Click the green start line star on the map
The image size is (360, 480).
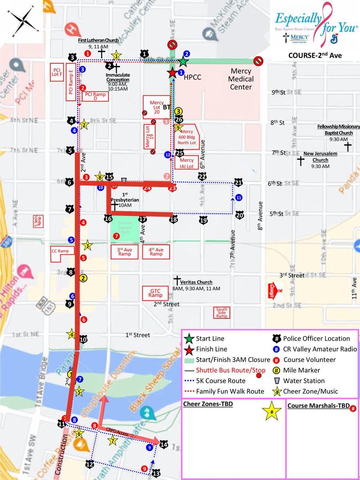coord(183,61)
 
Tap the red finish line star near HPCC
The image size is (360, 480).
coord(172,73)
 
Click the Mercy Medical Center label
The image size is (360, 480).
coord(240,79)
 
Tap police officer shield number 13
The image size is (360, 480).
coord(156,473)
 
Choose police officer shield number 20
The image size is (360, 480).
coord(240,215)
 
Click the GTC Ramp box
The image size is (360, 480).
coord(156,293)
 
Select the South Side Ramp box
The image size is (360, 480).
coord(222,312)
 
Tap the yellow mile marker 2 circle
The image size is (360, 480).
coord(83,278)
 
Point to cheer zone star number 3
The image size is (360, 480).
coord(87,246)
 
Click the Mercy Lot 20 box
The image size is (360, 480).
coord(157,108)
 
